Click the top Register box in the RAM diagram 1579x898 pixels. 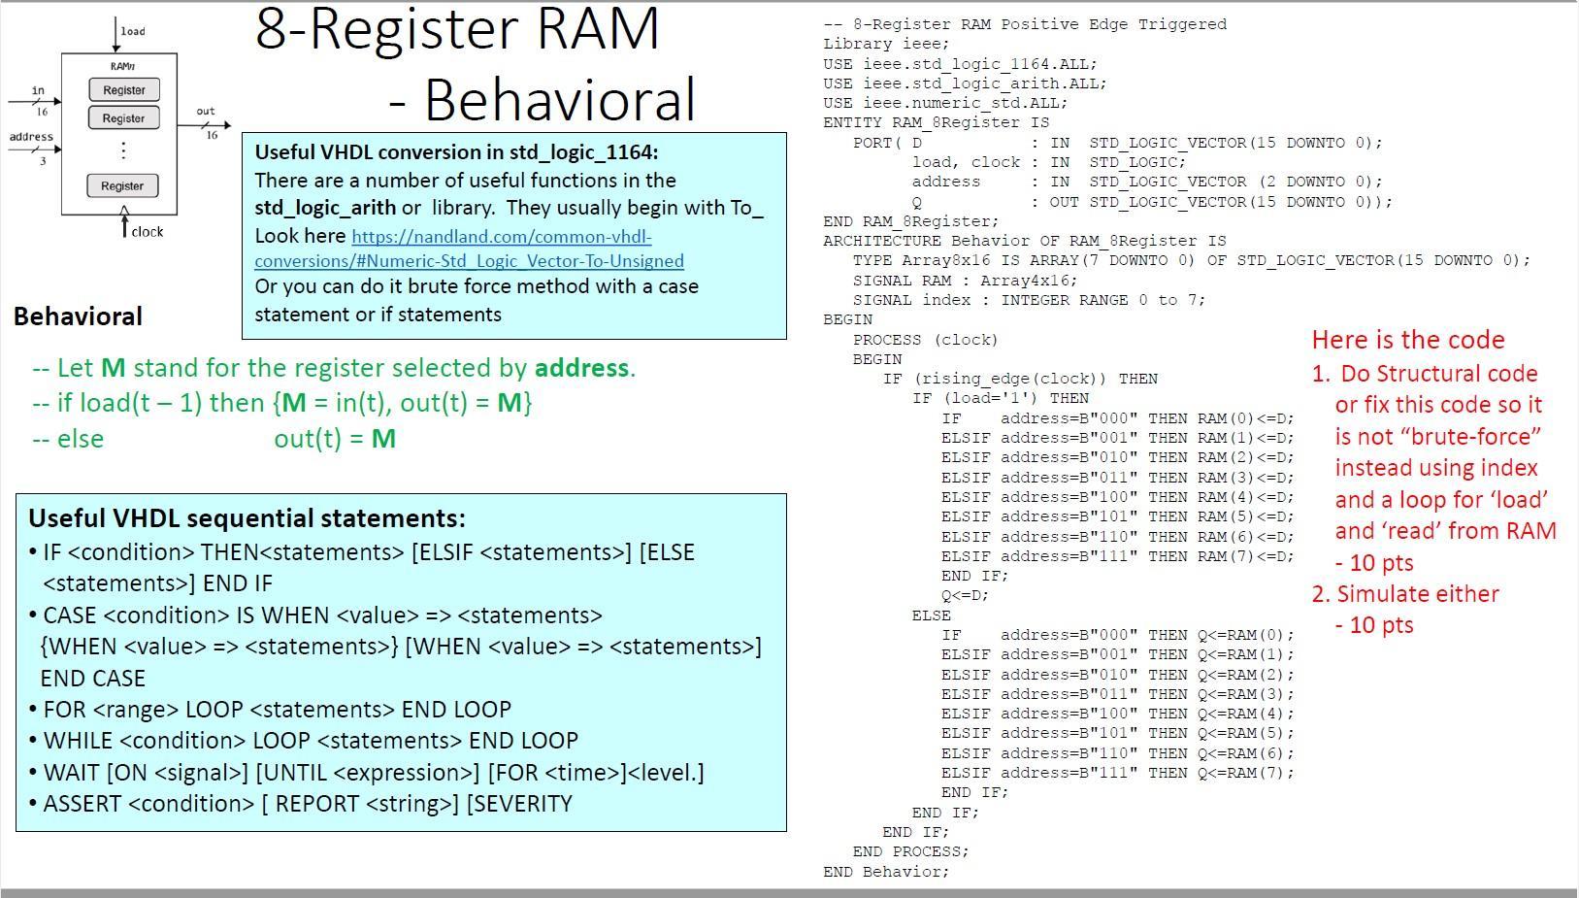click(x=123, y=90)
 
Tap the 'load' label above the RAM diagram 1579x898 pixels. click(x=133, y=31)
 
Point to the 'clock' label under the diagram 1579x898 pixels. click(x=148, y=231)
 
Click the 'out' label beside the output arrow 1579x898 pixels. click(x=206, y=111)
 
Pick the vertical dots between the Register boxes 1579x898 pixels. click(x=123, y=150)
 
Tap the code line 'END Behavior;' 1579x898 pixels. click(x=885, y=871)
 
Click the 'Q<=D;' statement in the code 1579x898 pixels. click(x=965, y=595)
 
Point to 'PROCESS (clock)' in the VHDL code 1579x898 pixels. click(x=925, y=340)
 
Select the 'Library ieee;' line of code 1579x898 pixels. click(x=886, y=44)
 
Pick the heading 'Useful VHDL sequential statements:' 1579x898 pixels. click(x=247, y=518)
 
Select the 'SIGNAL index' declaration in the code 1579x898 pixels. click(x=912, y=300)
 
